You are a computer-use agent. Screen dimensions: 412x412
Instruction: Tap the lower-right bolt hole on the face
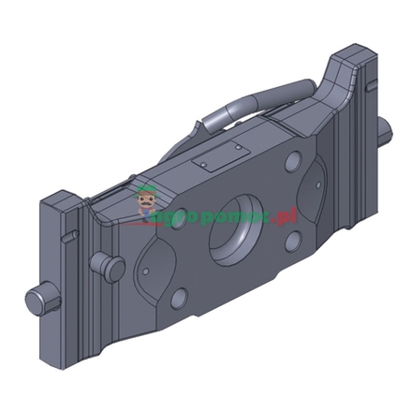click(291, 243)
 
